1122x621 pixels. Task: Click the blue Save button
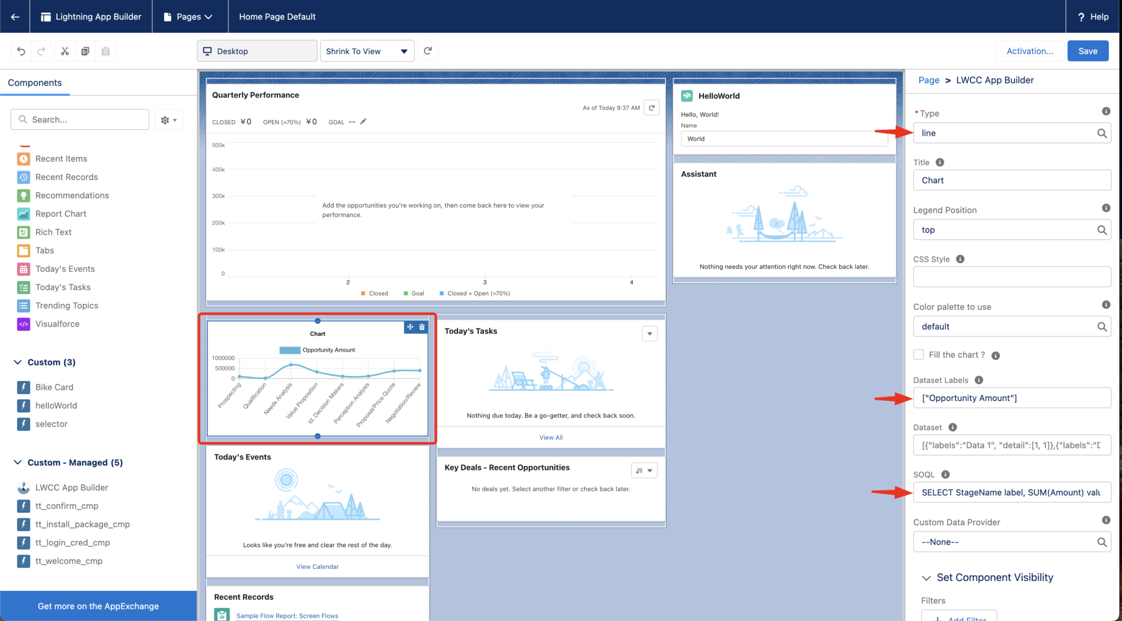(1087, 51)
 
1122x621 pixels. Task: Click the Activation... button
(1029, 51)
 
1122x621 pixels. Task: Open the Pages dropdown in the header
(188, 16)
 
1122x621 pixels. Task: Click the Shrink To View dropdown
(367, 51)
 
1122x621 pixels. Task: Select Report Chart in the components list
(61, 214)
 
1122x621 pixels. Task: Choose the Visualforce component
(57, 324)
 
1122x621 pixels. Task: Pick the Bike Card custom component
(54, 387)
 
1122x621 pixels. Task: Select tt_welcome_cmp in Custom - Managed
(68, 561)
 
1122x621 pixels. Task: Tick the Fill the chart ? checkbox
(919, 354)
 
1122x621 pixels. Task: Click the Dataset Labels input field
(1011, 398)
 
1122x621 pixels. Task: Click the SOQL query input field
(1011, 492)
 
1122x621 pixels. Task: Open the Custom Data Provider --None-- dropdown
(1011, 542)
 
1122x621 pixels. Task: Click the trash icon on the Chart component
(422, 327)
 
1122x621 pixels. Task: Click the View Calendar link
(317, 567)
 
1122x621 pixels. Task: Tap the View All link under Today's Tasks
(551, 438)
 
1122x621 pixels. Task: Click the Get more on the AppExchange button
(98, 606)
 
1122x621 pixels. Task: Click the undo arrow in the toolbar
(21, 51)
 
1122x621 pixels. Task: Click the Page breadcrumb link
(929, 80)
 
